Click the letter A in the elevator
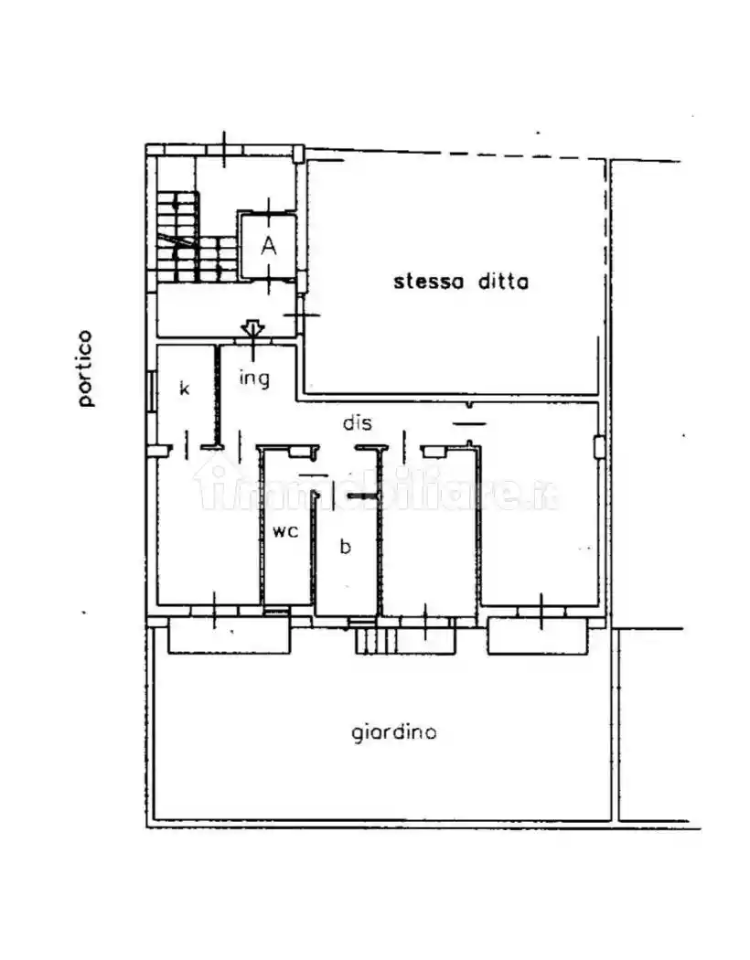click(x=268, y=246)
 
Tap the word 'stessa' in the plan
click(x=428, y=282)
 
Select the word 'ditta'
click(x=503, y=281)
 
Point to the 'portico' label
click(x=86, y=368)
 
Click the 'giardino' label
click(x=394, y=733)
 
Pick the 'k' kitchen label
click(x=184, y=388)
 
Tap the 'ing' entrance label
click(x=254, y=379)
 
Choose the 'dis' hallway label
click(x=358, y=422)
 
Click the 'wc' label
click(x=285, y=531)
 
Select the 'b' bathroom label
click(x=346, y=546)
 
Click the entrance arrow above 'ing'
click(x=252, y=329)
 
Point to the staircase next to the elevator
click(x=196, y=236)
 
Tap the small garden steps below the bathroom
click(x=375, y=640)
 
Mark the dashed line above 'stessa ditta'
click(x=456, y=154)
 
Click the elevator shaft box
click(x=268, y=246)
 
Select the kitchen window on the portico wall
click(x=150, y=391)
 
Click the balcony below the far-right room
click(x=538, y=636)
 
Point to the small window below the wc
click(x=276, y=611)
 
